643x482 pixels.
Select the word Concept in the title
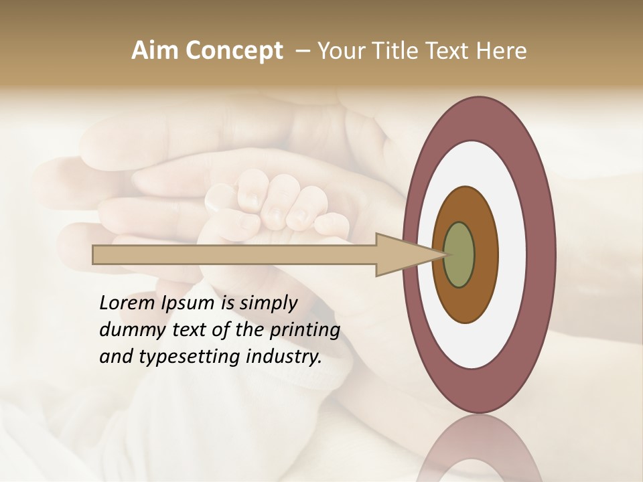pos(234,51)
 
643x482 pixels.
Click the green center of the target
pos(459,255)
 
